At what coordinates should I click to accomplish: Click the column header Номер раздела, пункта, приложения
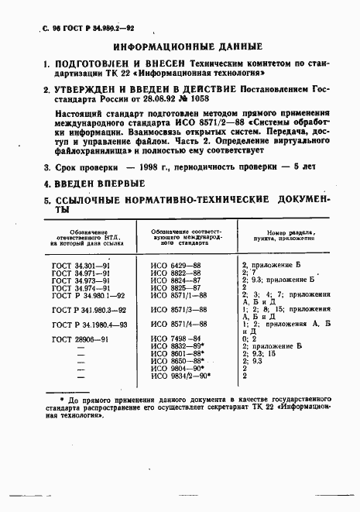[x=286, y=236]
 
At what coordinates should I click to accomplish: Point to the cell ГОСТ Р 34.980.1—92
[x=87, y=295]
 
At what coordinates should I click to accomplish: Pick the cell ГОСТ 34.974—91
[x=81, y=287]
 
